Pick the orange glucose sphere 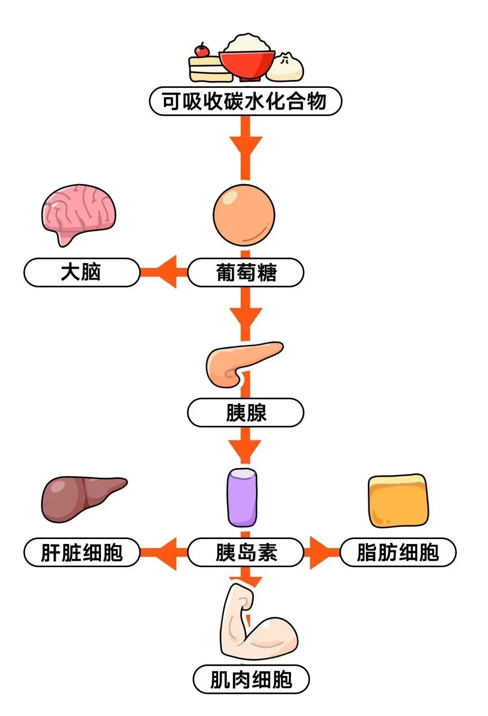(x=244, y=214)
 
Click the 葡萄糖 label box (x=245, y=272)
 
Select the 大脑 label (x=82, y=272)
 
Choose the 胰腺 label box (x=245, y=412)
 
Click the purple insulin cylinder (x=242, y=498)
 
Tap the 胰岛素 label (x=245, y=552)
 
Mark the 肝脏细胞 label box (x=82, y=552)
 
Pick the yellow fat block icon (x=398, y=501)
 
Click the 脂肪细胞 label (x=398, y=552)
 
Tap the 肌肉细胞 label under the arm (x=251, y=679)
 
